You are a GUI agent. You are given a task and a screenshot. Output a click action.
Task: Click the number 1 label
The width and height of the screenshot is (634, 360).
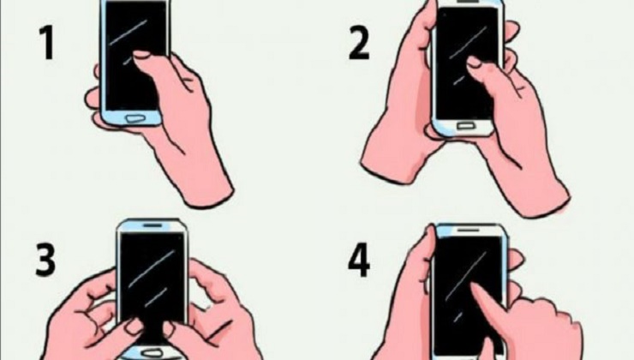tap(47, 43)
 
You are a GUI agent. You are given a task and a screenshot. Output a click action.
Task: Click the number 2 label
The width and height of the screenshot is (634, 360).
tap(359, 43)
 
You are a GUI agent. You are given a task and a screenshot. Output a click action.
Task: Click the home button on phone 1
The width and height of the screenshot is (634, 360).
tap(135, 119)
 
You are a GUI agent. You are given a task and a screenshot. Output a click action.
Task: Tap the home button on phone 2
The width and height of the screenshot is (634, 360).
tap(465, 127)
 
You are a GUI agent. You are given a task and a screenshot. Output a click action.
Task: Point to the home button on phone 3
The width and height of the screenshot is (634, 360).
tap(151, 354)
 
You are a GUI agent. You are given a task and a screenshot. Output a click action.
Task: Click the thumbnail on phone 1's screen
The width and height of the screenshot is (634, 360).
tap(142, 55)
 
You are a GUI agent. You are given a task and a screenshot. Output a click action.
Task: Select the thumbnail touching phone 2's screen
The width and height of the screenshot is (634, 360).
tap(474, 62)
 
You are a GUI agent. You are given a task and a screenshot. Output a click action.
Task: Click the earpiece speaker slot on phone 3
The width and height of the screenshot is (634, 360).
tap(152, 225)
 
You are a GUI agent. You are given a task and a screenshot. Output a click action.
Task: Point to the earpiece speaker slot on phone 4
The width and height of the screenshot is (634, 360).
tap(469, 230)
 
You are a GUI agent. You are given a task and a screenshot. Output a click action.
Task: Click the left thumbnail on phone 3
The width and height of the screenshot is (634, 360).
tap(134, 326)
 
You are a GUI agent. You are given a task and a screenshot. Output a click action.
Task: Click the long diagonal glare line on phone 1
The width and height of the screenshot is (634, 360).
tap(129, 32)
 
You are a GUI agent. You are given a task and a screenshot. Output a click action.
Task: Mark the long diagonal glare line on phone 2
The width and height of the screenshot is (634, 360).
tap(468, 43)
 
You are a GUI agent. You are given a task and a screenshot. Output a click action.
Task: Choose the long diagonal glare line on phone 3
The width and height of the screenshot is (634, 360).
tap(152, 269)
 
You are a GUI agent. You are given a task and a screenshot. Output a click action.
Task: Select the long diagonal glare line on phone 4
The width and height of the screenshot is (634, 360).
tap(465, 276)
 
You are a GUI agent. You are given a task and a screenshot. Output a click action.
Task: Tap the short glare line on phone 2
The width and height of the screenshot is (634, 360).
tap(458, 81)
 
